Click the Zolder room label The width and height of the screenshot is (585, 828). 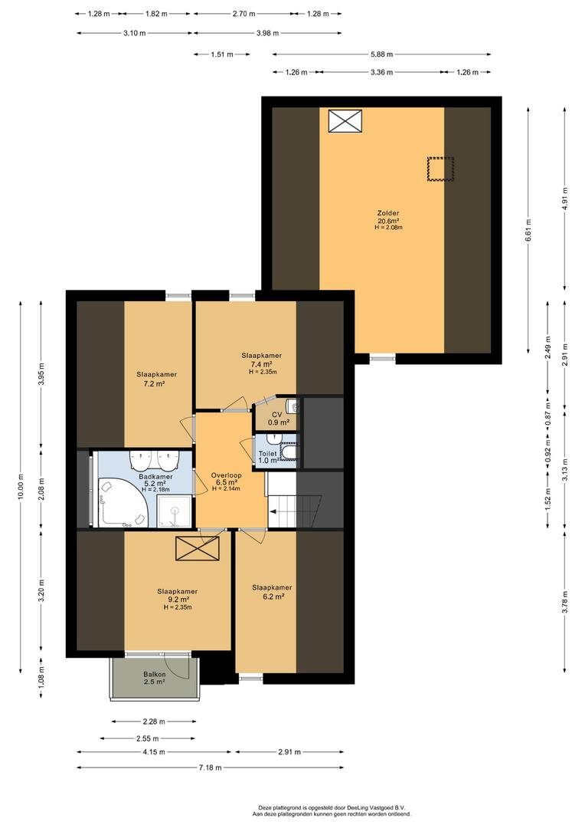(387, 213)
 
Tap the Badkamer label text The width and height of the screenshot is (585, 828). (155, 477)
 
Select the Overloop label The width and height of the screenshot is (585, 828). (226, 475)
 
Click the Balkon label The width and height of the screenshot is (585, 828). (155, 675)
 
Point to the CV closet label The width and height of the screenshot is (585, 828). (277, 415)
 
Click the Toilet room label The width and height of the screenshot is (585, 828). (267, 454)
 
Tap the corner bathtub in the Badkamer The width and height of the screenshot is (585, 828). (123, 502)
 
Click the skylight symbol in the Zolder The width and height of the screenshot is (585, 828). (345, 121)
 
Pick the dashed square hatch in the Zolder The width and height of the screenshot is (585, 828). (440, 169)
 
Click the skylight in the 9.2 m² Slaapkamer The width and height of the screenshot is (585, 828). (198, 548)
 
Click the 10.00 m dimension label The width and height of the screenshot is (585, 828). (21, 485)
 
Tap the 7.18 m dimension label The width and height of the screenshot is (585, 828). (211, 767)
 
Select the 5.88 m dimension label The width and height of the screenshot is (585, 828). (381, 54)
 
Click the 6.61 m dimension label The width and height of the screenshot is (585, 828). (528, 230)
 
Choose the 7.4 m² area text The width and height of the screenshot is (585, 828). (261, 364)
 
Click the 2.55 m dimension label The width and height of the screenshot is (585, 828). (148, 739)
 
